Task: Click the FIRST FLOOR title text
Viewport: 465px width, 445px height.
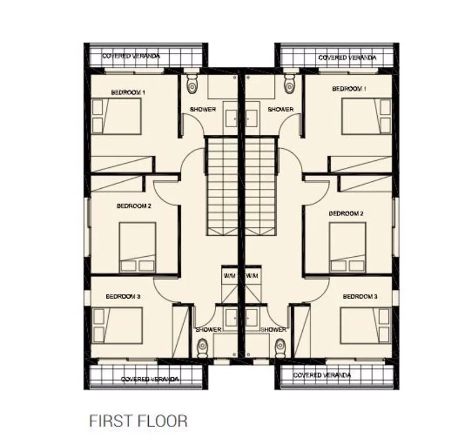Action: (138, 421)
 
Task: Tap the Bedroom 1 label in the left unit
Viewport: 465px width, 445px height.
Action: (128, 92)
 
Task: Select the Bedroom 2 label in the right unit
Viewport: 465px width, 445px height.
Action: (346, 213)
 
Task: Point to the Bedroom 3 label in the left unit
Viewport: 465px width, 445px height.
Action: (123, 296)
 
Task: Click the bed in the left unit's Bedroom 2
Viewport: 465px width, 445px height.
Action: (138, 247)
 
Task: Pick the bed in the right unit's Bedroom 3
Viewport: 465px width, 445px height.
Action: (366, 325)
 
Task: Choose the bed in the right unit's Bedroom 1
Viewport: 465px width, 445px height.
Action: (367, 117)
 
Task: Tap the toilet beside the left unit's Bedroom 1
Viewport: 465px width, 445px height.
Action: (192, 84)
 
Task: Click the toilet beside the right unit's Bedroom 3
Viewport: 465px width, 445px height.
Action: (280, 348)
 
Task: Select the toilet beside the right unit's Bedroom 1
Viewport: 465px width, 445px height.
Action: (289, 83)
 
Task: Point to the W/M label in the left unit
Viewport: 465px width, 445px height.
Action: (230, 276)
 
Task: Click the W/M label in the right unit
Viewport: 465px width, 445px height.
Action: (252, 276)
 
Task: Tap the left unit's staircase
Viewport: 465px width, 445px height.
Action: (223, 186)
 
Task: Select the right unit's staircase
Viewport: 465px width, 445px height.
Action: (260, 186)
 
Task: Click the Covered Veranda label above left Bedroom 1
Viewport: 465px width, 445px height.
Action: (131, 56)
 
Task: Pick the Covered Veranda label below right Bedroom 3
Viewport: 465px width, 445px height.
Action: (322, 375)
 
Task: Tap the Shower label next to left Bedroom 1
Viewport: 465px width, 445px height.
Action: (203, 109)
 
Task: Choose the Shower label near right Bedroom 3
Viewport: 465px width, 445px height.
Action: (273, 329)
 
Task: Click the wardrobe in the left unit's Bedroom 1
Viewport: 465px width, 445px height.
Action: (122, 164)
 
